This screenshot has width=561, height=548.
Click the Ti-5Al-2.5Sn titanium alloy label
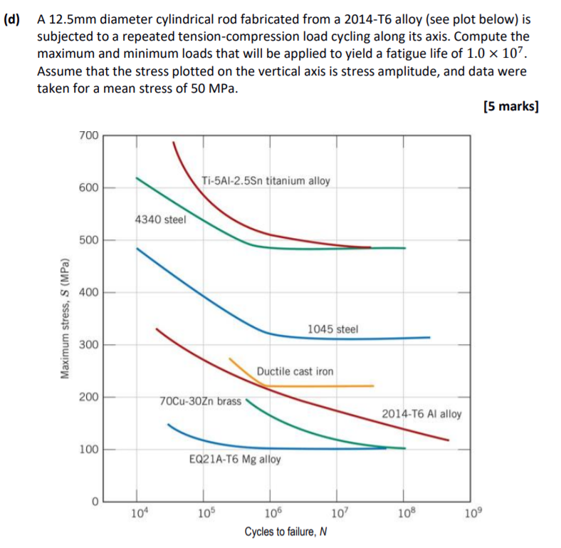point(266,180)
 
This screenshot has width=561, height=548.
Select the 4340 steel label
point(159,219)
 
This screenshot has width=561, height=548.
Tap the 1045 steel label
point(332,329)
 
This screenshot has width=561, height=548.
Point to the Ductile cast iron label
point(295,371)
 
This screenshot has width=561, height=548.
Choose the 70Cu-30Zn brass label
point(201,401)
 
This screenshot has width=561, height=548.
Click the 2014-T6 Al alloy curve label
point(421,413)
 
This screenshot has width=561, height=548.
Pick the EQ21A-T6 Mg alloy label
point(235,460)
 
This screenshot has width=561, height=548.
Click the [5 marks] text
point(510,107)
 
